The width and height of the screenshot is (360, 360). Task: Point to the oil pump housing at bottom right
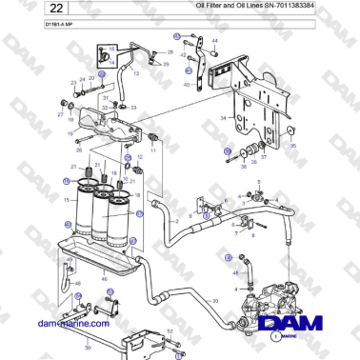(x=267, y=300)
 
